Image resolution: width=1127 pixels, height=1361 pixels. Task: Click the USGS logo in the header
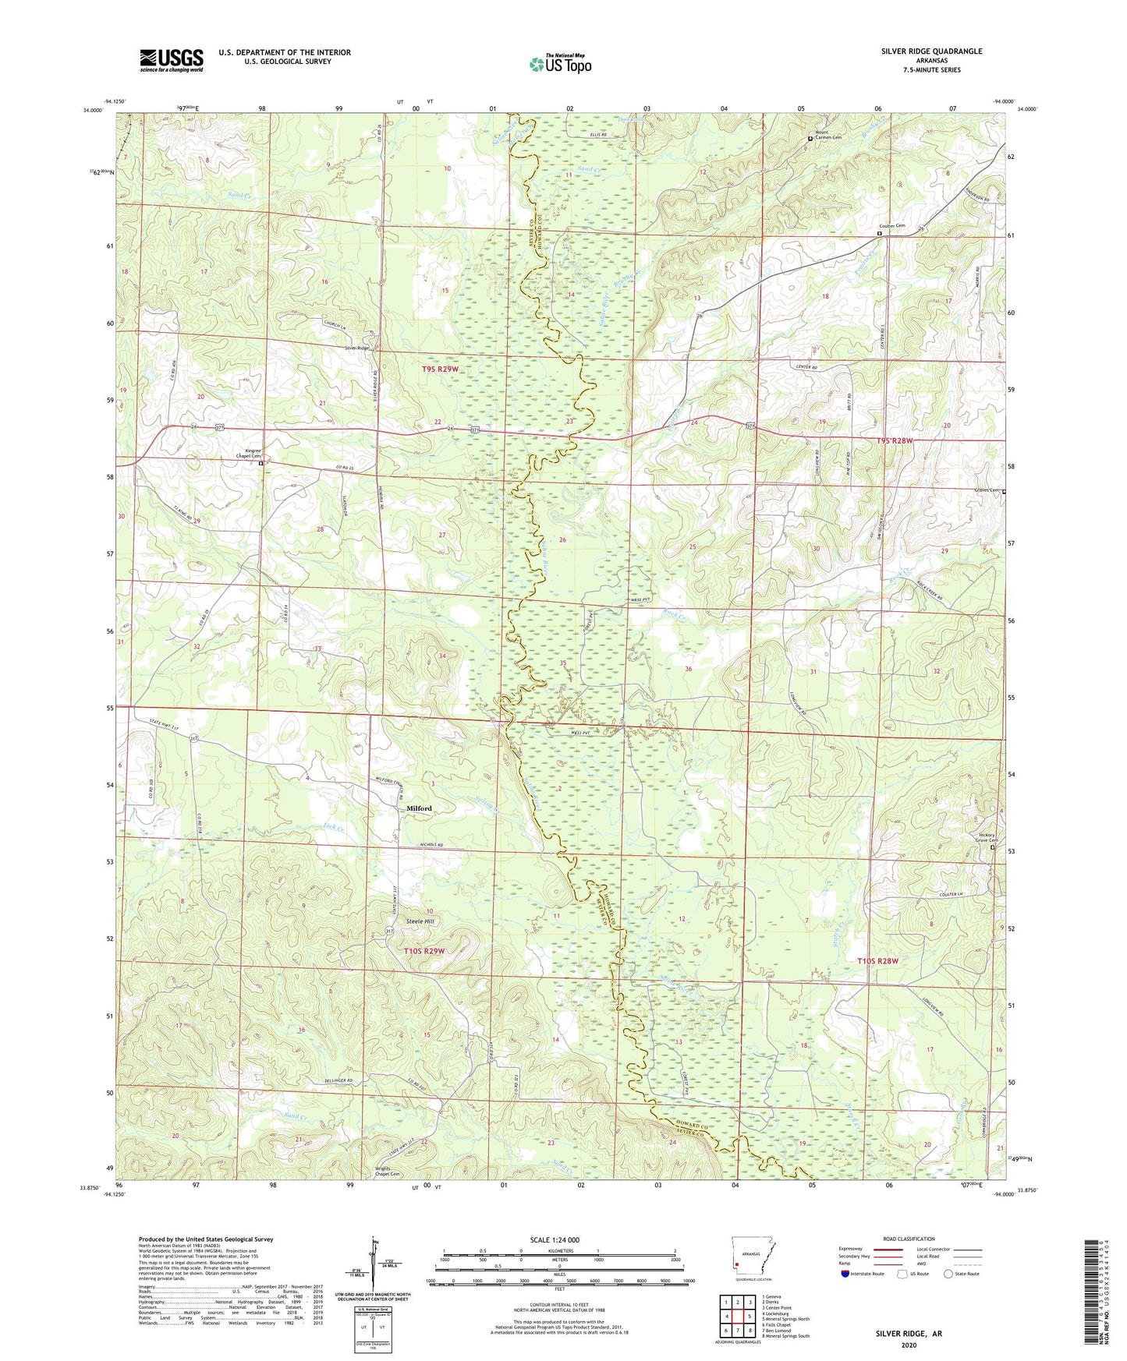coord(172,60)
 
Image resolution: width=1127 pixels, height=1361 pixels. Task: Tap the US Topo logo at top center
coord(560,64)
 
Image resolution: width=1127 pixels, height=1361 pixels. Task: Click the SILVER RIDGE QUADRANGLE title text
coord(931,51)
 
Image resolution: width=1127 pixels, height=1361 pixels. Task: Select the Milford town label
coord(419,808)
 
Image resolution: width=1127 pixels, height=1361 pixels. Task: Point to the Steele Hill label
coord(420,921)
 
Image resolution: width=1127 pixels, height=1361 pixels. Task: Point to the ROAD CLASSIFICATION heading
coord(909,1239)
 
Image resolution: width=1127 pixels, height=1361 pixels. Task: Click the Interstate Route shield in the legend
coord(847,1274)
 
